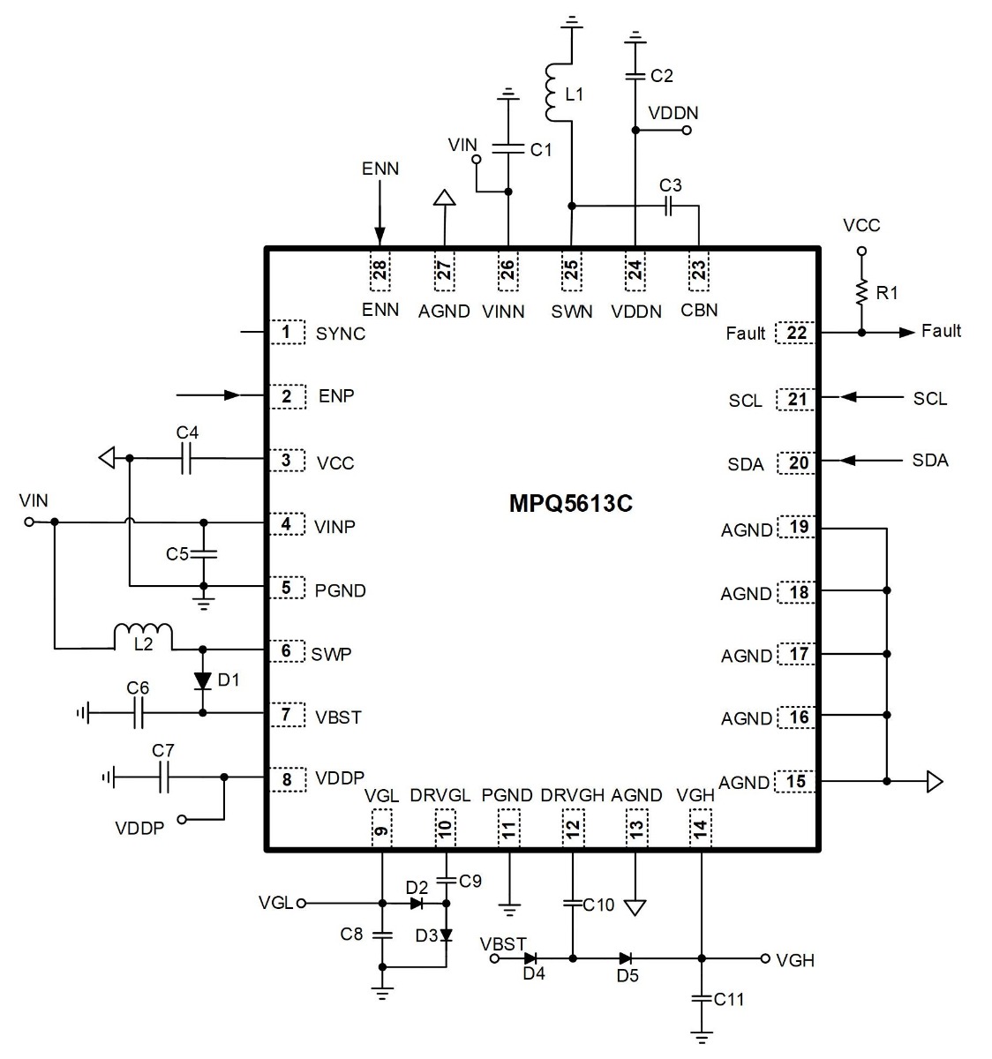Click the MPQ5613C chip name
(x=570, y=503)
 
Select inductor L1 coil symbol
(x=552, y=92)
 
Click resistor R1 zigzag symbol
(x=861, y=293)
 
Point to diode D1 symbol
(x=203, y=681)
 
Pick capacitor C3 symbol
(x=668, y=206)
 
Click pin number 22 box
(x=795, y=333)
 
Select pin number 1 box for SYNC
(x=288, y=332)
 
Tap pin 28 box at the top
(x=380, y=270)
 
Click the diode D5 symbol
(x=626, y=958)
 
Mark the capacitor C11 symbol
(x=701, y=998)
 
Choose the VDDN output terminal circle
(x=687, y=130)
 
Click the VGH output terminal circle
(x=765, y=958)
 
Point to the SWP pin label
(x=331, y=654)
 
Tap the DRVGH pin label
(x=572, y=795)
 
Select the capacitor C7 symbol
(x=164, y=777)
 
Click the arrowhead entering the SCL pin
(x=848, y=397)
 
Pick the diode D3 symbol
(x=446, y=935)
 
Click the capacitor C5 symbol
(x=203, y=554)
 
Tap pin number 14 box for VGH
(x=700, y=828)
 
